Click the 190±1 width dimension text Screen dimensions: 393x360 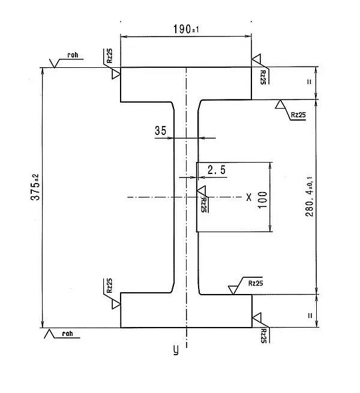click(185, 29)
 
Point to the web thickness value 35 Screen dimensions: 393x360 click(160, 130)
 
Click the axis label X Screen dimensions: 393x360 click(248, 197)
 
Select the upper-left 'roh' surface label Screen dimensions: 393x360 click(73, 56)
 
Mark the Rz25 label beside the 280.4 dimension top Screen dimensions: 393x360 click(298, 114)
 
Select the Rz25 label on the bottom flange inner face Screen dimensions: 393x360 click(254, 282)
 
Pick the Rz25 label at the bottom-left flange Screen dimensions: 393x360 click(109, 286)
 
